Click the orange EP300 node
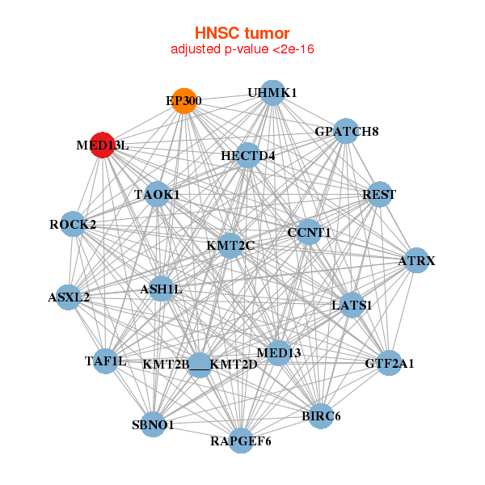coord(184,101)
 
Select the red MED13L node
coord(102,145)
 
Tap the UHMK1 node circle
coord(272,93)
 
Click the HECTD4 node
coord(248,155)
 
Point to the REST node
coord(379,195)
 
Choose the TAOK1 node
coord(157,195)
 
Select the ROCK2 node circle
coord(73,224)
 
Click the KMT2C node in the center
coord(230,245)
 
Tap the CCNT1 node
coord(310,233)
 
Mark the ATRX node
coord(416,261)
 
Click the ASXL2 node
coord(69,297)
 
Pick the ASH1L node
coord(162,289)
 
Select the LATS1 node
coord(352,306)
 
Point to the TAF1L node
coord(106,361)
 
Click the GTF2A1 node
coord(389,364)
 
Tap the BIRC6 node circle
coord(321,416)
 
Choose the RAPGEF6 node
coord(241,441)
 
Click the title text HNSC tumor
coord(242,33)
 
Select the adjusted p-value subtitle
coord(242,49)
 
